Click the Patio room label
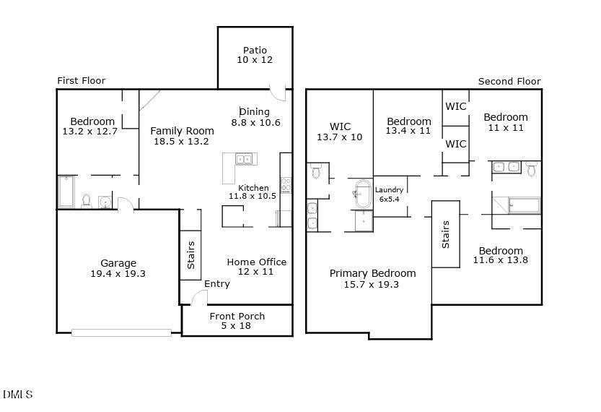[x=255, y=55]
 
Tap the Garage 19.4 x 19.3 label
[x=118, y=268]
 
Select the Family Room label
[x=182, y=136]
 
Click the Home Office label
[x=256, y=267]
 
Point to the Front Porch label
[x=237, y=321]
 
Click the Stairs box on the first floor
[x=190, y=255]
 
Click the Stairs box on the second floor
[x=445, y=234]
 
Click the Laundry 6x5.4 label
[x=389, y=194]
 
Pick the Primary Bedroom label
[x=372, y=278]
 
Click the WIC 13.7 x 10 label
[x=340, y=132]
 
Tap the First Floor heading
[x=81, y=81]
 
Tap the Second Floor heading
[x=509, y=82]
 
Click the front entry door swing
[x=198, y=297]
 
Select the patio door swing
[x=277, y=93]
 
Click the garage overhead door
[x=121, y=332]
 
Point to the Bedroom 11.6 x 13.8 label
[x=500, y=255]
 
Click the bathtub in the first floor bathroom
[x=66, y=192]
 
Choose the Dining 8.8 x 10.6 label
[x=255, y=117]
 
